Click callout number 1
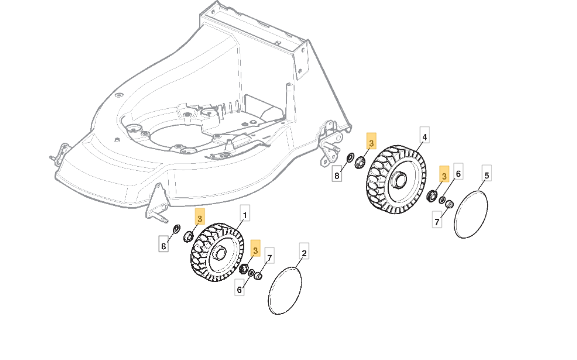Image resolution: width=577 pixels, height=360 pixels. pyautogui.click(x=245, y=214)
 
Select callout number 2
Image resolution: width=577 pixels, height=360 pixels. pyautogui.click(x=304, y=253)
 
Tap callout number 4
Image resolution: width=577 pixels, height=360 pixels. pyautogui.click(x=425, y=137)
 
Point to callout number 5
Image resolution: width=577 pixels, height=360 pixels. pyautogui.click(x=486, y=174)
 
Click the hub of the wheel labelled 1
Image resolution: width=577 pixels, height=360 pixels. pyautogui.click(x=220, y=254)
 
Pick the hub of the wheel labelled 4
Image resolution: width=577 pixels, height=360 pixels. pyautogui.click(x=399, y=179)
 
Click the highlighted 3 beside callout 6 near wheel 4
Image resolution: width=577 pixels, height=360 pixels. pyautogui.click(x=444, y=176)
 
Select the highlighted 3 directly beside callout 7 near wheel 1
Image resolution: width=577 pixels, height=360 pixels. pyautogui.click(x=255, y=250)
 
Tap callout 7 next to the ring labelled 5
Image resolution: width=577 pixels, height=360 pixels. pyautogui.click(x=437, y=222)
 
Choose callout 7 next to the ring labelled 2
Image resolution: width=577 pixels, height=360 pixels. pyautogui.click(x=270, y=257)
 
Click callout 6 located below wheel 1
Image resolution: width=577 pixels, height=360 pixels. pyautogui.click(x=239, y=289)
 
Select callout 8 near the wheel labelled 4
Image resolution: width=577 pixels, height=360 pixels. pyautogui.click(x=337, y=175)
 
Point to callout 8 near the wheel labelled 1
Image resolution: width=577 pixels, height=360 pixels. pyautogui.click(x=164, y=245)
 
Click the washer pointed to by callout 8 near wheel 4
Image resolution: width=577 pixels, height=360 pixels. pyautogui.click(x=350, y=159)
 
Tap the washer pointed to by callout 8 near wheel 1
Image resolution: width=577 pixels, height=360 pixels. pyautogui.click(x=177, y=229)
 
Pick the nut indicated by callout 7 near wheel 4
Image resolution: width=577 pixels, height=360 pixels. pyautogui.click(x=449, y=204)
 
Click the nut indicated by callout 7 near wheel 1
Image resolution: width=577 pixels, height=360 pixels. pyautogui.click(x=258, y=275)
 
